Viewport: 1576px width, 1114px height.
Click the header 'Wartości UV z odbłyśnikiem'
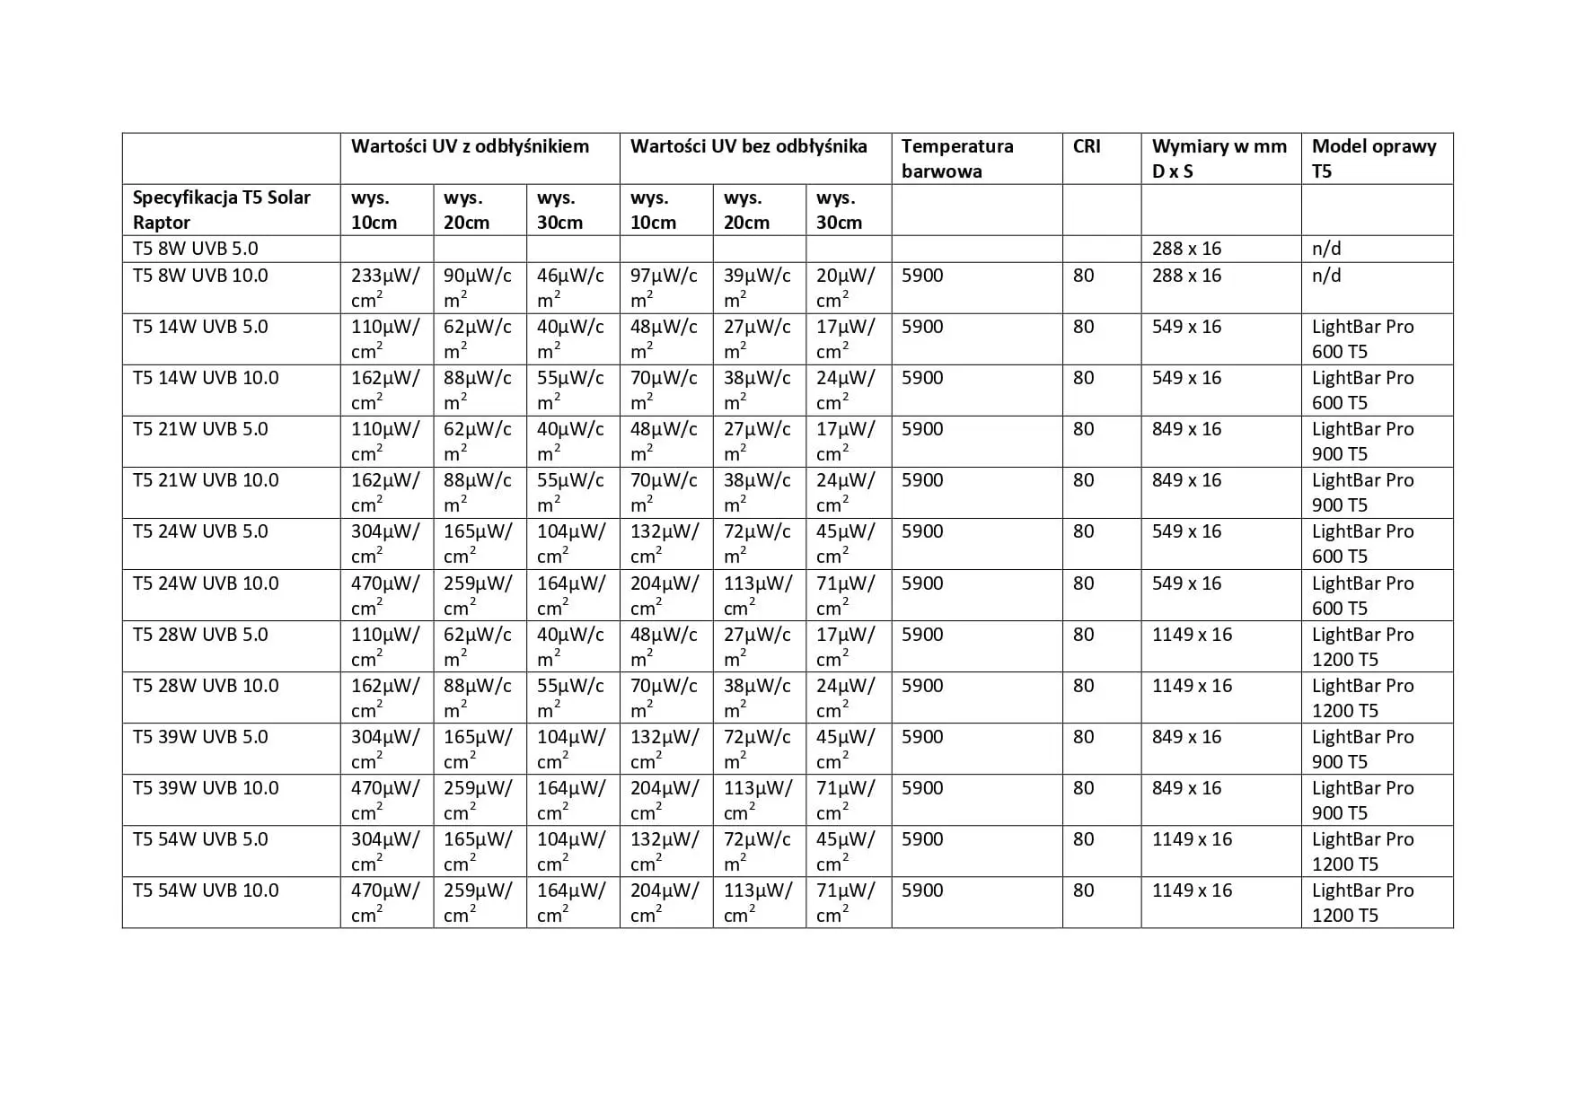[470, 146]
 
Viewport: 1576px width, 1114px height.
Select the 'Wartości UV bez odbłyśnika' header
[748, 146]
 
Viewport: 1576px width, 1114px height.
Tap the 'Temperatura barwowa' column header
[957, 158]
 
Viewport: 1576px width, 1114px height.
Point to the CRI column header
[1087, 146]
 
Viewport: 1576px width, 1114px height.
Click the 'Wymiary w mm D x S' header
[1219, 158]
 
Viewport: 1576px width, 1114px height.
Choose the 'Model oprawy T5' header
[1373, 158]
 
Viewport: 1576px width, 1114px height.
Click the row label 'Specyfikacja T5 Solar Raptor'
[222, 209]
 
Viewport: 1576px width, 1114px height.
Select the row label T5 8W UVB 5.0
[196, 249]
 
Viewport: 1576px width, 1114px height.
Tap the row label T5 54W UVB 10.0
[206, 890]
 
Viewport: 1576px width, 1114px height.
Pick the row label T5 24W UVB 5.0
[200, 531]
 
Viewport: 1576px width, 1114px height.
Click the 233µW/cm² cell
[385, 287]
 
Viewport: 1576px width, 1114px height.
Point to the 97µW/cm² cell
[665, 287]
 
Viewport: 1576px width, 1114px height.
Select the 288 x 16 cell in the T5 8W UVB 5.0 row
[1186, 249]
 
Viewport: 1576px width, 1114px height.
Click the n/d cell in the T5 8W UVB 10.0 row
[1326, 276]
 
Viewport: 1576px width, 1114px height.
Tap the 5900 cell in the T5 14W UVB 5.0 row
[922, 327]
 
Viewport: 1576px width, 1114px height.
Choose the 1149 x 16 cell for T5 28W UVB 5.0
[1192, 635]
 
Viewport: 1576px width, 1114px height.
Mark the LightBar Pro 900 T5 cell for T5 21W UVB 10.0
[1362, 492]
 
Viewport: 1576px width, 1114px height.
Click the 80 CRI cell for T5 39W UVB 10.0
[1084, 788]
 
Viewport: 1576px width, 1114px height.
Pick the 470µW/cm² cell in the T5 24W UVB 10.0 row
[385, 595]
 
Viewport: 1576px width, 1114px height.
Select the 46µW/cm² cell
[571, 287]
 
